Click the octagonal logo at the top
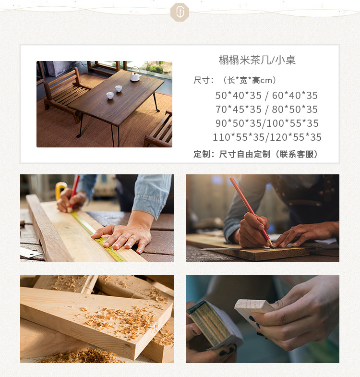point(180,12)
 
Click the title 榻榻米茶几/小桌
point(257,60)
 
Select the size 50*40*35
point(238,96)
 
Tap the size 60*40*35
point(295,96)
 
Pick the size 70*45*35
point(238,109)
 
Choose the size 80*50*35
point(295,109)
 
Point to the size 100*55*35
point(293,123)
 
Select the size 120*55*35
point(296,137)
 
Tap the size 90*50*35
point(238,123)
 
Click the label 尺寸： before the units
point(204,80)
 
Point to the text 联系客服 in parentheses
point(296,154)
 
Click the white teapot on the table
point(135,74)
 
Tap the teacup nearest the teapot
point(119,88)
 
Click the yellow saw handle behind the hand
point(60,190)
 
